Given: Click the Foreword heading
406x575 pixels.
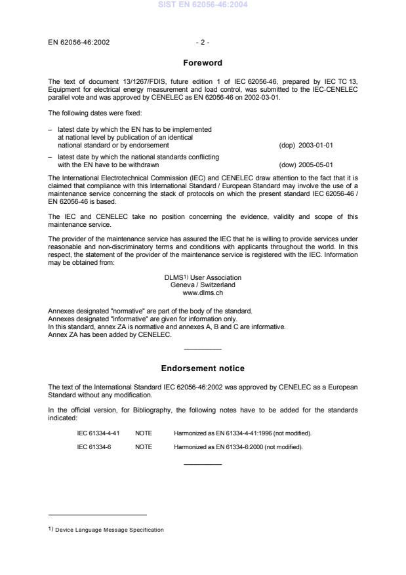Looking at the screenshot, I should click(203, 63).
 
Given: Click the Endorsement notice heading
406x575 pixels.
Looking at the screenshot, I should click(203, 368).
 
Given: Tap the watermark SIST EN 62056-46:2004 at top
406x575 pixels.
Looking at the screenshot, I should click(203, 5).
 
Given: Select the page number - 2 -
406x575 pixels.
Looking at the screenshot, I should click(203, 43).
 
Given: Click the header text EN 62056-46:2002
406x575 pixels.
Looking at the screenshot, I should click(79, 43).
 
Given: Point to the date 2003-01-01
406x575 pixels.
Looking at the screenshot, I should click(317, 146).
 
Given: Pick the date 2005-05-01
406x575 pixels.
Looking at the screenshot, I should click(317, 165).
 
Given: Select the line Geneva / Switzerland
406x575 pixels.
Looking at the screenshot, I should click(203, 285).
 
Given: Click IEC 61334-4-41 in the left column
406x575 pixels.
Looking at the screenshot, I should click(98, 433).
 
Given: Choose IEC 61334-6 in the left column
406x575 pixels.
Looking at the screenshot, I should click(93, 446).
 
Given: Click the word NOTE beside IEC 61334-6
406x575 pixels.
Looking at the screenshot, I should click(144, 446).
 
